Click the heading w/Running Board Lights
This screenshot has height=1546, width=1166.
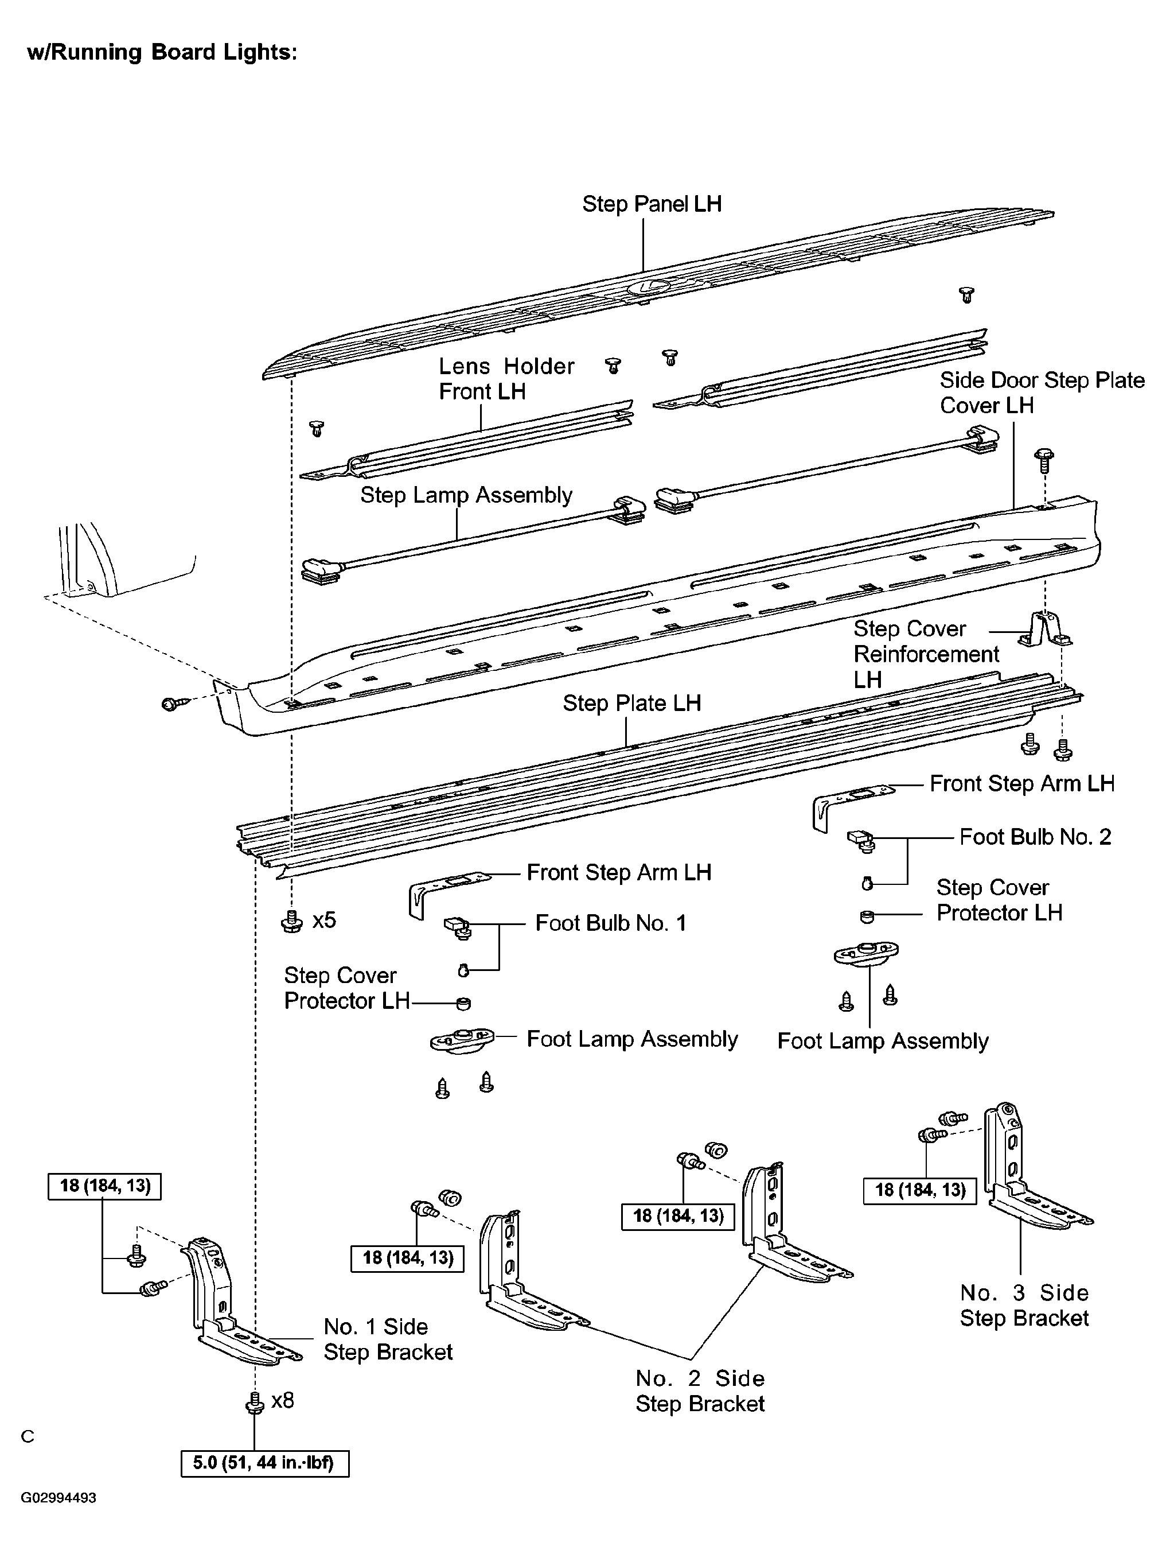(x=162, y=52)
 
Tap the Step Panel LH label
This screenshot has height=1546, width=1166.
(x=651, y=204)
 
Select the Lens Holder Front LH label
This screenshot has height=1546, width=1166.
(x=506, y=379)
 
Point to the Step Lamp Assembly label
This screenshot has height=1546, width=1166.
(x=466, y=495)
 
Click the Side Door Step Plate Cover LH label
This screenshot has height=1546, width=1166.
(x=1041, y=393)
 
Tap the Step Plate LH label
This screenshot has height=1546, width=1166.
(x=631, y=703)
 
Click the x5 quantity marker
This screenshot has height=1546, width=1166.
(x=323, y=920)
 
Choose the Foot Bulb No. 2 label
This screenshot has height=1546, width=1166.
(x=1035, y=837)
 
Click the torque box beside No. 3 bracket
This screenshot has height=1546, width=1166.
(x=919, y=1190)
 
